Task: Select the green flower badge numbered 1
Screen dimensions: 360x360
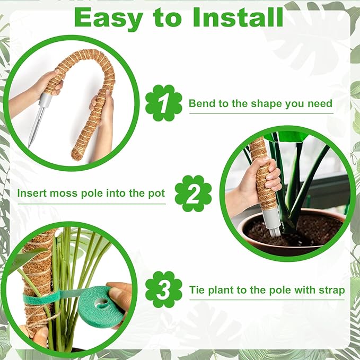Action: pyautogui.click(x=163, y=103)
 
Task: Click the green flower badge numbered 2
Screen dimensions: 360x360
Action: pyautogui.click(x=193, y=194)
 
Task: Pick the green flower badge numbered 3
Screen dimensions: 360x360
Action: pyautogui.click(x=163, y=289)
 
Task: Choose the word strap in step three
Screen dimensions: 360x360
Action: pyautogui.click(x=330, y=290)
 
